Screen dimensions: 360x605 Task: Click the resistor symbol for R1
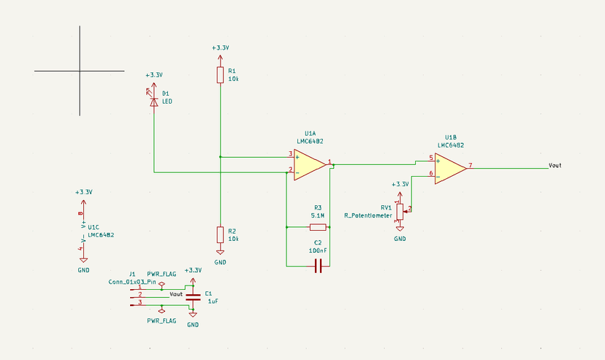[220, 75]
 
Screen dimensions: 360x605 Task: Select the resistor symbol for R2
[220, 234]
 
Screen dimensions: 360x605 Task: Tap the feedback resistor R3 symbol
[317, 227]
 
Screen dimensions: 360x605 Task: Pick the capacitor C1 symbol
[193, 296]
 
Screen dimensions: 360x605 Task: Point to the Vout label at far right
[555, 166]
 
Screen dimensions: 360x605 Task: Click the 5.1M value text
[318, 216]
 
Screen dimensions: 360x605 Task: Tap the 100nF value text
[318, 250]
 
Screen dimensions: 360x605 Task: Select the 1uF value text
[213, 301]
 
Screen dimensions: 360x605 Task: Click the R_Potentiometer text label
[368, 215]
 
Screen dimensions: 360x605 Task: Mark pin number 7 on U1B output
[471, 164]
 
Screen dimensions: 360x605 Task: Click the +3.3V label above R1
[220, 48]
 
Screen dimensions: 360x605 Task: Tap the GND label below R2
[220, 262]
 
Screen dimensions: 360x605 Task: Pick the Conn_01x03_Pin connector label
[132, 281]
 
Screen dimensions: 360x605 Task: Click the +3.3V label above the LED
[153, 75]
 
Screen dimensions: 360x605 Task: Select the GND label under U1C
[83, 269]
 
